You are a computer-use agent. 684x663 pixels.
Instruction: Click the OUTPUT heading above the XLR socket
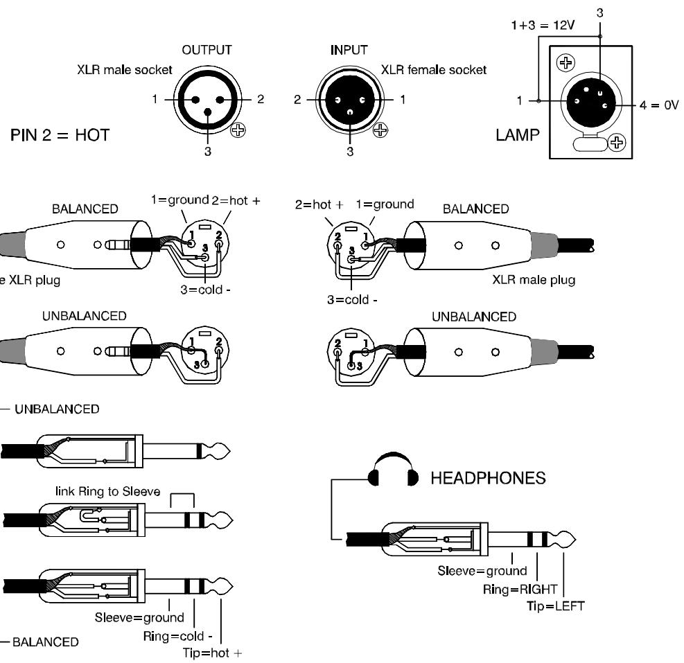point(207,50)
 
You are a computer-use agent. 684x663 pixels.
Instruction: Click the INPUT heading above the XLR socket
point(349,50)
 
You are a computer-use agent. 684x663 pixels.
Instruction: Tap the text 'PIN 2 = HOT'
point(60,135)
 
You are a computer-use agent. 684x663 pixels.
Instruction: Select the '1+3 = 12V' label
point(543,26)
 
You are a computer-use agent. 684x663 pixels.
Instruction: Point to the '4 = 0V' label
point(659,105)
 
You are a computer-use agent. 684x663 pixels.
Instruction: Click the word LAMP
point(518,135)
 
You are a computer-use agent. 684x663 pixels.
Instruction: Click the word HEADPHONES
point(488,478)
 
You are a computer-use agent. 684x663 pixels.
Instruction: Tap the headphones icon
point(394,469)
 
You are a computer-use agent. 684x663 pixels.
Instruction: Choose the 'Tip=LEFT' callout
point(555,606)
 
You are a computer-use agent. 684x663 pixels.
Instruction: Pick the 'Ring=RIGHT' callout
point(520,590)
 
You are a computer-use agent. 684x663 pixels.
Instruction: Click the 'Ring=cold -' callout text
point(178,636)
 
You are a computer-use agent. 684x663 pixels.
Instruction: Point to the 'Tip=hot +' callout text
point(213,653)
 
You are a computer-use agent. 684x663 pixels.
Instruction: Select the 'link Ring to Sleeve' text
point(107,492)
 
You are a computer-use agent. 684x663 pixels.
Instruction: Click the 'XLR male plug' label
point(534,280)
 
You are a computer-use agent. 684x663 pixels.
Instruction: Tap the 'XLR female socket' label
point(434,70)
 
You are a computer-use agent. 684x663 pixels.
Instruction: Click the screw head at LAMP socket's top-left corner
point(565,63)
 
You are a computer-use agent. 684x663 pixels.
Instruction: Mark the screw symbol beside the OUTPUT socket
point(238,130)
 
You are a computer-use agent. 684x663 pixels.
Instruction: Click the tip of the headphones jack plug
point(575,540)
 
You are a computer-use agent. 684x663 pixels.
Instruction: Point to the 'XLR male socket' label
point(125,70)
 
